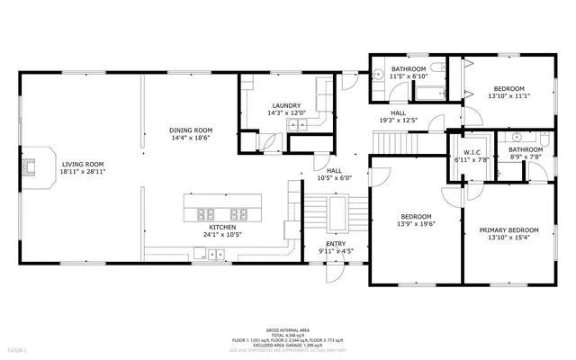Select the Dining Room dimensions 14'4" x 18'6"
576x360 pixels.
coord(191,139)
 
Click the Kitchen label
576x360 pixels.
coord(222,227)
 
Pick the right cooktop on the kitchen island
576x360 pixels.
coord(238,213)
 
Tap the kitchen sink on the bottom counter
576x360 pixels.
coord(216,255)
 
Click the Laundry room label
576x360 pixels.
coord(285,105)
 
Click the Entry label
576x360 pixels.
coord(336,243)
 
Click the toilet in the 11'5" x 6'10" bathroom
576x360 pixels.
coord(379,76)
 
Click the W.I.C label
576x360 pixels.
coord(473,152)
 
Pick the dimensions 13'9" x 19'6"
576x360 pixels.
coord(416,225)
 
